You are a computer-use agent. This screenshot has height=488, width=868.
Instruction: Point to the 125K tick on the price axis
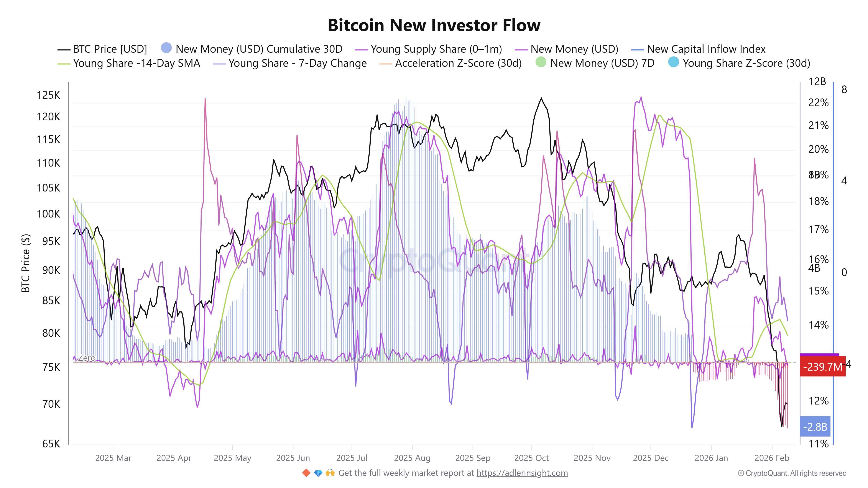click(49, 95)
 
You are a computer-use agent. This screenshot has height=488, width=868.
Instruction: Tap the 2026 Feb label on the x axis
click(772, 458)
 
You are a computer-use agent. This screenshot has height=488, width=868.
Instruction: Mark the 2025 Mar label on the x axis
click(113, 458)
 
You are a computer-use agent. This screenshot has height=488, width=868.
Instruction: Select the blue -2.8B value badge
click(815, 427)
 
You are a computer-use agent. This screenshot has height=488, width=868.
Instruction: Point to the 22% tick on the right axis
click(818, 103)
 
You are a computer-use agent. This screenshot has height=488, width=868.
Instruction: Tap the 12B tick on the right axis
click(817, 82)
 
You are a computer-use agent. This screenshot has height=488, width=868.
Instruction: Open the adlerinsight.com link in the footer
click(522, 473)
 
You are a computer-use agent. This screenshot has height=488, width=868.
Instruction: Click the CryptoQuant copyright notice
click(792, 473)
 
